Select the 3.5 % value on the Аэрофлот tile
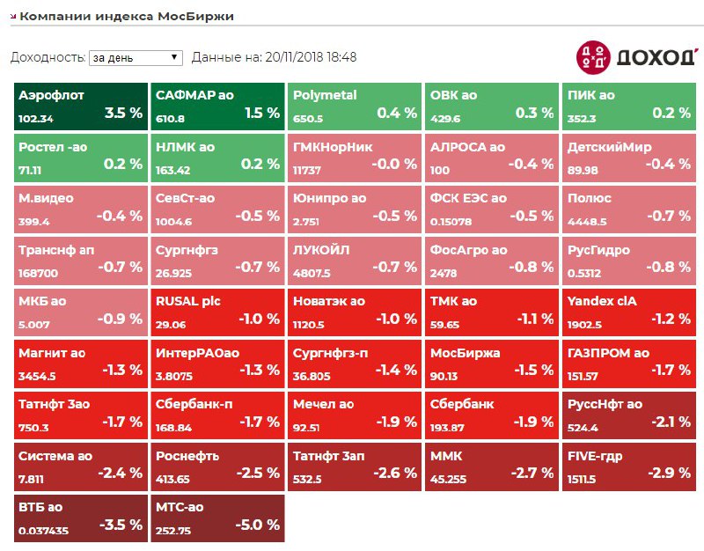click(x=123, y=113)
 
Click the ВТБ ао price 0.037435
click(x=43, y=531)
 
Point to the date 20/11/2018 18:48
click(x=312, y=57)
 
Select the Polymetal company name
click(x=325, y=95)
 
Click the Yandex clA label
click(x=603, y=301)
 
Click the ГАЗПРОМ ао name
click(x=608, y=353)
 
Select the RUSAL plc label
click(x=187, y=301)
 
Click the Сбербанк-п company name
click(x=194, y=404)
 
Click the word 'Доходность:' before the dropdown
click(x=48, y=57)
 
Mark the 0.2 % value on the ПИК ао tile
click(x=671, y=113)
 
